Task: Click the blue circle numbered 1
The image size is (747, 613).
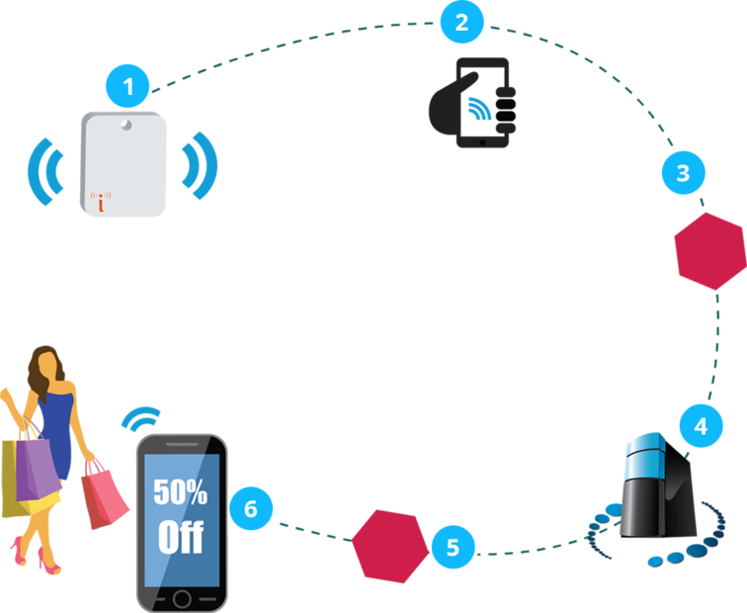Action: [x=128, y=87]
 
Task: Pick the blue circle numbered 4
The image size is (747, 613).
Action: [x=701, y=427]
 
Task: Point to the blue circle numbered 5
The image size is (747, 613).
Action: [x=453, y=547]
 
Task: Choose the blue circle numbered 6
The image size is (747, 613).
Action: [x=250, y=508]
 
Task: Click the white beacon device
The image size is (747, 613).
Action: [x=124, y=164]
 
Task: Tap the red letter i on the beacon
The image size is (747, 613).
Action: [x=101, y=202]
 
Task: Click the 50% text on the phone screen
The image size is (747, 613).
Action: [x=180, y=490]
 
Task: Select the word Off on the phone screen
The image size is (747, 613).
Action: [x=180, y=537]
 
